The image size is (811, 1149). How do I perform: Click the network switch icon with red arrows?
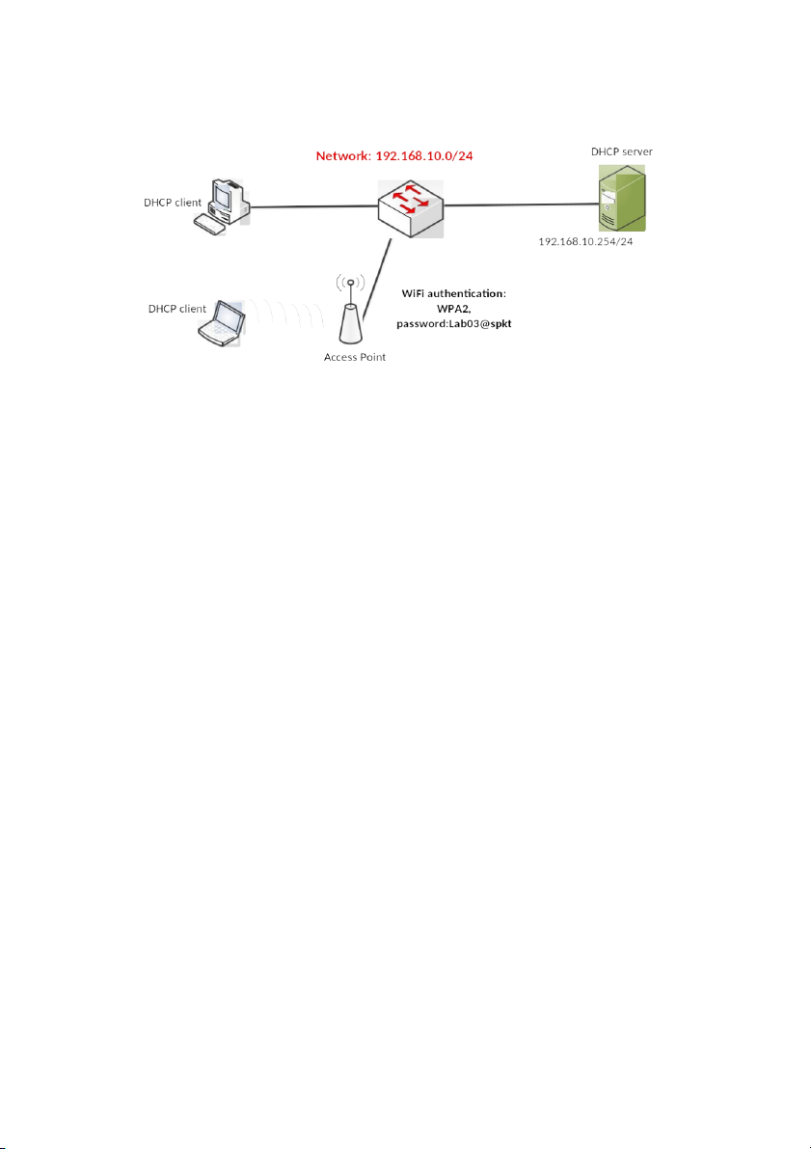410,207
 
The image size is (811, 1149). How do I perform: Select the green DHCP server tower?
622,197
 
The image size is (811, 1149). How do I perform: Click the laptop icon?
222,323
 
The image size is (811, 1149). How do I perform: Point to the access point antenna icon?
351,312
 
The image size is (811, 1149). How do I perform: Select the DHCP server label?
621,151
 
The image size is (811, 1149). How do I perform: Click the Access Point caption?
355,358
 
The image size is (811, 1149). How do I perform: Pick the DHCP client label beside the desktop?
173,202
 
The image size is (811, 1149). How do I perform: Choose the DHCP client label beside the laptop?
177,309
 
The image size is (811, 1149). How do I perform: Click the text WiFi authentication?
453,293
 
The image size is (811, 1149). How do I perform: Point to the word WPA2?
453,309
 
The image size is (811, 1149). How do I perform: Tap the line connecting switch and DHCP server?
521,205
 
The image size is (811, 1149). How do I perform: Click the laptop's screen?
229,315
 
